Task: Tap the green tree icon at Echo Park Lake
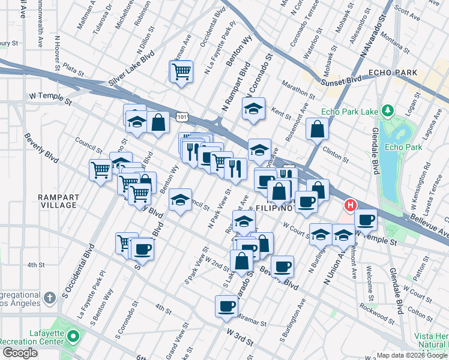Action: coord(388,110)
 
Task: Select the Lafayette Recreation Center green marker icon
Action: coord(73,334)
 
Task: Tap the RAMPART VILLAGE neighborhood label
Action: coord(58,201)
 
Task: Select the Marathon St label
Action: coord(297,90)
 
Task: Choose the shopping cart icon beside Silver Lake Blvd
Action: coord(181,72)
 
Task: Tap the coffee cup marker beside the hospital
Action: coord(366,219)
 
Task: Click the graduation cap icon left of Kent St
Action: coord(253,109)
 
